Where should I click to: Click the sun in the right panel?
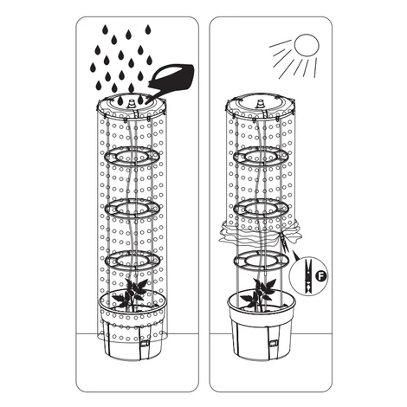pos(307,45)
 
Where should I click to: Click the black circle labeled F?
pos(320,276)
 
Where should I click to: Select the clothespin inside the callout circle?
pos(308,275)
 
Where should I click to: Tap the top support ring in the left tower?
pos(132,156)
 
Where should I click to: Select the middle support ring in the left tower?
pos(132,208)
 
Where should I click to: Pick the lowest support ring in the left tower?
pos(132,260)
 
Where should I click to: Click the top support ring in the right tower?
pos(261,156)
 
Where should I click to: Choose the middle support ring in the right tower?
pos(261,208)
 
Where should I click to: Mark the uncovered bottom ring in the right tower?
pos(261,260)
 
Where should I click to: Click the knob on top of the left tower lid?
pos(132,104)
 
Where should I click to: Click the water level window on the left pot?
pos(145,344)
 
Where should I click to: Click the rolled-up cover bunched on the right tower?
pos(260,232)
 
